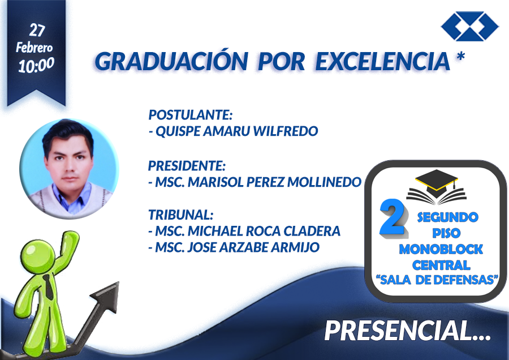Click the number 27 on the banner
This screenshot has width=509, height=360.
pos(37,30)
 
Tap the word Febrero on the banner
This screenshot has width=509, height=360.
pos(34,48)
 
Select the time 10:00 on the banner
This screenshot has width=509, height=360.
pos(36,65)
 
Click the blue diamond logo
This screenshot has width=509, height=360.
pos(470,26)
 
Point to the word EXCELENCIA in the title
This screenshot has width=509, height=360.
pos(383,61)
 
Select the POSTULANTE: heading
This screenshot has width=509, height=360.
pos(191,115)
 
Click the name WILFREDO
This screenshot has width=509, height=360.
pos(286,131)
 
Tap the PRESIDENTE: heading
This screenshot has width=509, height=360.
pos(187,166)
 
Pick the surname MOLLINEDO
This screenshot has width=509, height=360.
pos(324,182)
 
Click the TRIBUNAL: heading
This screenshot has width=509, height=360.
pos(181,215)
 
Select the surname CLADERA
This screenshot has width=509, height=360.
pos(312,231)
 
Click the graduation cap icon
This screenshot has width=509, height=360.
pos(436,187)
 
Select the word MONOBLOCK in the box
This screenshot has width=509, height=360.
pos(441,249)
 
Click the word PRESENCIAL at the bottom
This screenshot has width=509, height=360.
pos(399,331)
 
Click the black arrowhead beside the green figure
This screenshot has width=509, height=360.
pos(107,296)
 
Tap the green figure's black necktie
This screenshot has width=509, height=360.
pos(49,287)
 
